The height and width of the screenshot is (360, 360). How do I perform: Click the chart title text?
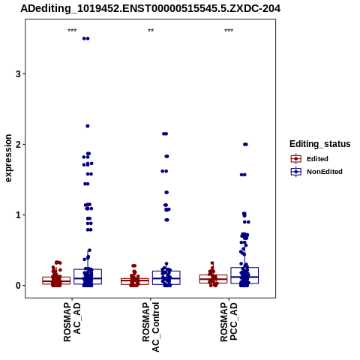click(151, 9)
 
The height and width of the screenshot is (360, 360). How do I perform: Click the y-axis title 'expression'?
click(8, 158)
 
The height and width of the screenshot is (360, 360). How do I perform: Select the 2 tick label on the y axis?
click(18, 145)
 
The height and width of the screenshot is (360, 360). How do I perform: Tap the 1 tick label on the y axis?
click(18, 215)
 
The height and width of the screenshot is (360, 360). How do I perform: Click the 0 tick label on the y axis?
click(18, 286)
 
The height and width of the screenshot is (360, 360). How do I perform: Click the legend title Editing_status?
click(320, 144)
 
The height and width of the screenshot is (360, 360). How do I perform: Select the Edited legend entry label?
click(317, 159)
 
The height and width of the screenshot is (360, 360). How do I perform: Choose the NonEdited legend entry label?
click(325, 172)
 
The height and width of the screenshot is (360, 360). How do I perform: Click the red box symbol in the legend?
click(296, 159)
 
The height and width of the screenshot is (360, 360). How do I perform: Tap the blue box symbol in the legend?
click(296, 172)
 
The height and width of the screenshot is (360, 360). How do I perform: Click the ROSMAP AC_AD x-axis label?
click(72, 322)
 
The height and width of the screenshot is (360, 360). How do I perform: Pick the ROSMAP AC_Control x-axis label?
click(151, 327)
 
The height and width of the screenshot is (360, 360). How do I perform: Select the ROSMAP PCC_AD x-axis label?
click(229, 322)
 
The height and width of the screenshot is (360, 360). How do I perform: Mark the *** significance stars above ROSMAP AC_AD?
click(72, 31)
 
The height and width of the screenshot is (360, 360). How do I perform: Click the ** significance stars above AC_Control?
click(151, 31)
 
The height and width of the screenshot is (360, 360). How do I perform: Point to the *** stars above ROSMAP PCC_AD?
click(229, 31)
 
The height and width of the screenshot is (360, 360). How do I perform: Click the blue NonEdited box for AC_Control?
click(166, 277)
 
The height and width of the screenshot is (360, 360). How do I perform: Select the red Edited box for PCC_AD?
click(213, 279)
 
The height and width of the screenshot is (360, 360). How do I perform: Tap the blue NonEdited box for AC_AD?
click(88, 277)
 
